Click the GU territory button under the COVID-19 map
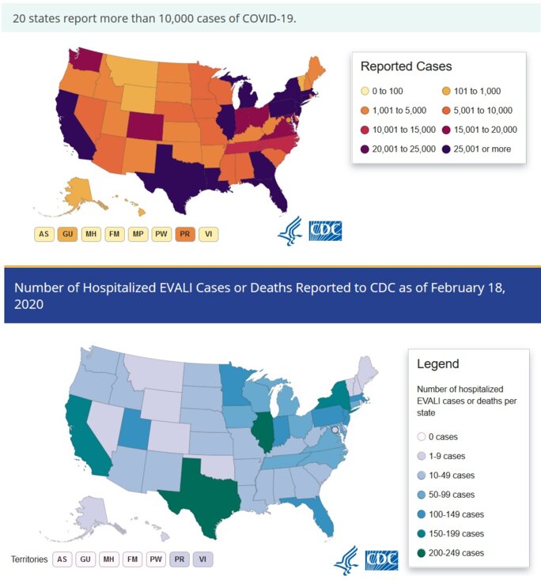pyautogui.click(x=68, y=234)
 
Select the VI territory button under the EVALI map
pyautogui.click(x=203, y=559)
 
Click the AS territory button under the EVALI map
pyautogui.click(x=62, y=559)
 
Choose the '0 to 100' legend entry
pyautogui.click(x=388, y=92)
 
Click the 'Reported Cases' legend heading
pyautogui.click(x=406, y=66)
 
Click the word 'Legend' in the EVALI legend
pyautogui.click(x=437, y=364)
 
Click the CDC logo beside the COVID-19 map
pyautogui.click(x=325, y=231)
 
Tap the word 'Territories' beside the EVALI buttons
pyautogui.click(x=28, y=559)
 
